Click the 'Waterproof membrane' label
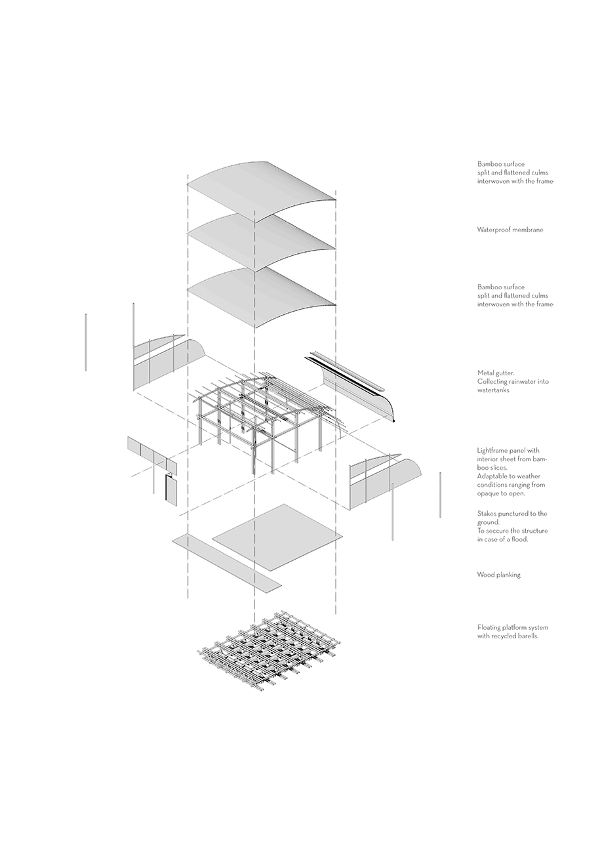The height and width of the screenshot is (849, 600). (x=510, y=230)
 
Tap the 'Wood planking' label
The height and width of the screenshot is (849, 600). (x=498, y=575)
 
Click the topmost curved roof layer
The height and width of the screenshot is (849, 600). (x=262, y=192)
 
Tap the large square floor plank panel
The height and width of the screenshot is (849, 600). (x=277, y=538)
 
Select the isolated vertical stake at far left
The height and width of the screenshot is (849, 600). (x=86, y=342)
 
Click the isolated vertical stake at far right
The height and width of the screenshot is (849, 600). (x=440, y=495)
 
